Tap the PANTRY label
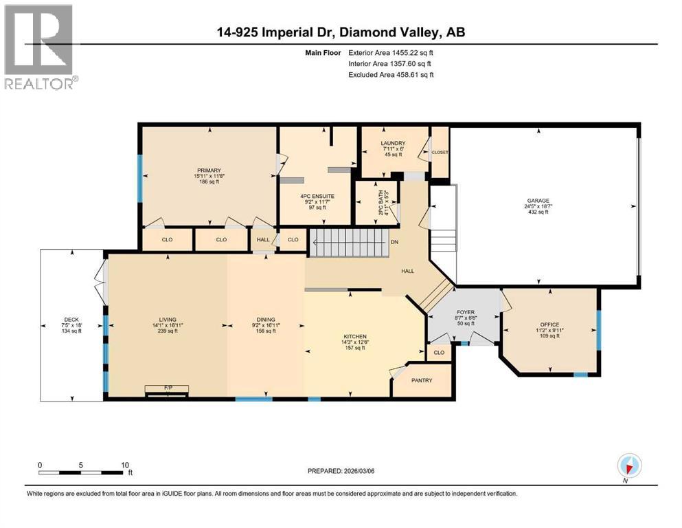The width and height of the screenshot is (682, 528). pos(422,380)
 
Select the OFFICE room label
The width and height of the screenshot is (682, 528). pos(549,324)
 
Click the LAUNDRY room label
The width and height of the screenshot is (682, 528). pos(394,143)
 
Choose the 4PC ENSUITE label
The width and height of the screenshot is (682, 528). pos(317,197)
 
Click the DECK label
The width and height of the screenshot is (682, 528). pos(71,319)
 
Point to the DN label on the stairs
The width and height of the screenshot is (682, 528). pos(394,242)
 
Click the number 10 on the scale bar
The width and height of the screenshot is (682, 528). pos(124,465)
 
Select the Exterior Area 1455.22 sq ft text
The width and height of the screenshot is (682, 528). pos(389,52)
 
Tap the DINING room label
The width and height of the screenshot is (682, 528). pos(266,320)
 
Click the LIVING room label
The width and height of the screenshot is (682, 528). pos(168,320)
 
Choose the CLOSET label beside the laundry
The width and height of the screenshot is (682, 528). pos(440,153)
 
